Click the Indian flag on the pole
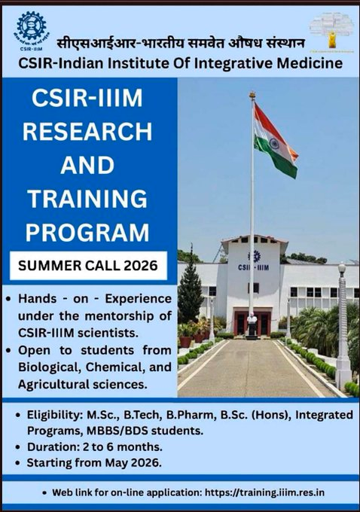(x=273, y=141)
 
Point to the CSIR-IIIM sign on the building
(x=253, y=267)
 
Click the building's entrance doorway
(x=252, y=322)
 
